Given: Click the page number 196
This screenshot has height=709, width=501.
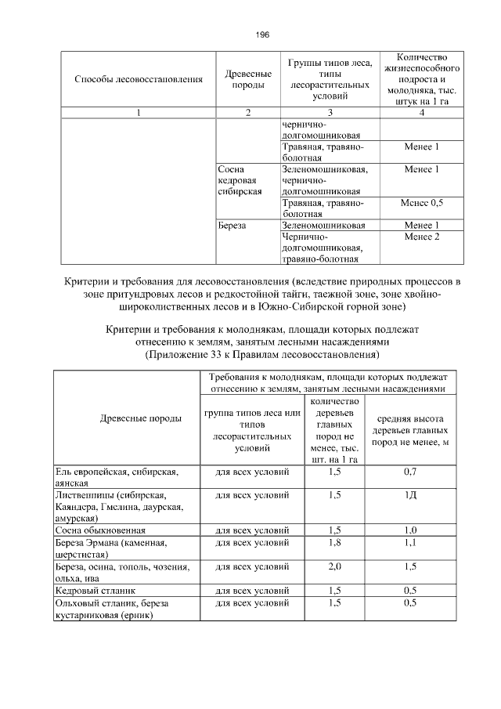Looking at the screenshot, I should (x=263, y=35).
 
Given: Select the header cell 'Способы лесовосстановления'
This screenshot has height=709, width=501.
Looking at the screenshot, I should (x=139, y=79).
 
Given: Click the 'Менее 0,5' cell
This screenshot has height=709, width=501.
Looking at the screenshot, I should (x=421, y=203).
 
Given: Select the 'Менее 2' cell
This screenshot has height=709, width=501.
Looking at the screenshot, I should (x=421, y=237).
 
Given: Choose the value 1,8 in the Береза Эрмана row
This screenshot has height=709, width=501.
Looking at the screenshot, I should (x=335, y=541).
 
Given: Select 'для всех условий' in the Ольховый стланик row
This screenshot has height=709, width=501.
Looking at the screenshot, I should (x=252, y=602).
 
